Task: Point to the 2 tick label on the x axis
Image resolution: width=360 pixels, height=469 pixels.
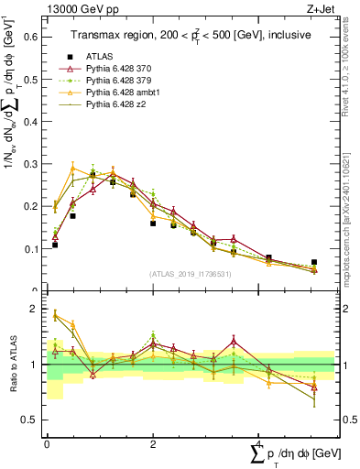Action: pos(153,442)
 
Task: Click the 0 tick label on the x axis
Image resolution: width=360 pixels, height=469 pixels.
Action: pos(47,442)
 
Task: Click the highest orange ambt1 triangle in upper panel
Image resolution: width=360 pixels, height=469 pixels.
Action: pos(72,168)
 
